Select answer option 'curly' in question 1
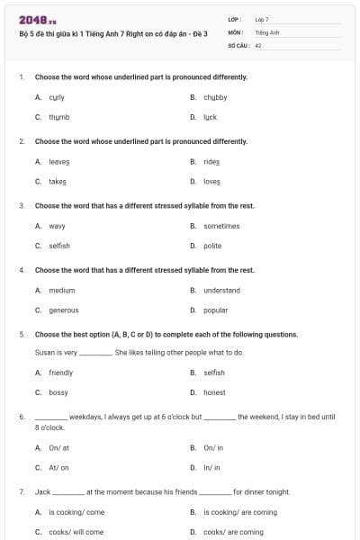pyautogui.click(x=56, y=96)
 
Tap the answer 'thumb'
pyautogui.click(x=58, y=117)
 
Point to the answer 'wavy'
pyautogui.click(x=57, y=226)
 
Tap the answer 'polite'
pyautogui.click(x=212, y=246)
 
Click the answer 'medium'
pyautogui.click(x=62, y=290)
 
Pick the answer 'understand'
pyautogui.click(x=221, y=290)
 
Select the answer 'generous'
pyautogui.click(x=64, y=310)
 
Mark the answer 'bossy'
pyautogui.click(x=58, y=392)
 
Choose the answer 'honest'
pyautogui.click(x=214, y=392)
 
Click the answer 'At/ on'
pyautogui.click(x=58, y=467)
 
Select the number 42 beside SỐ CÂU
pyautogui.click(x=258, y=44)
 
